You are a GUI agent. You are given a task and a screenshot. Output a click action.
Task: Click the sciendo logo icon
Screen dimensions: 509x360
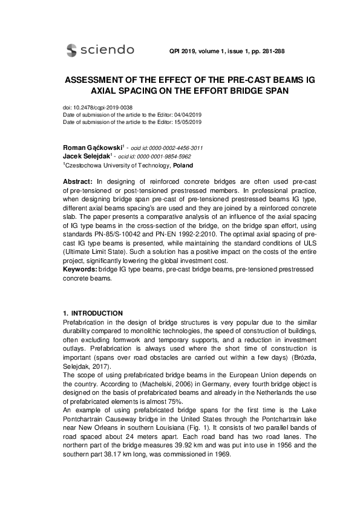(71, 50)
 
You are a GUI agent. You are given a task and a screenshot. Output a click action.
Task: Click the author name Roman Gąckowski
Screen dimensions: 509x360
(91, 148)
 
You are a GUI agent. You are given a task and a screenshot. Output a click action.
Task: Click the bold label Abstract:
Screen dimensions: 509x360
(77, 182)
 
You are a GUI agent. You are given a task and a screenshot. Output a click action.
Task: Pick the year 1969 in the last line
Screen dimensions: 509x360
(229, 453)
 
